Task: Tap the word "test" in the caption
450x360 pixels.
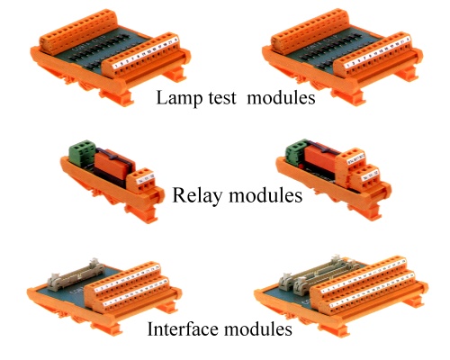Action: tap(222, 98)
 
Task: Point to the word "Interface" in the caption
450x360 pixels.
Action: tap(183, 328)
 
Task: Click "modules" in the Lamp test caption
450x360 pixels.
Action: tap(281, 97)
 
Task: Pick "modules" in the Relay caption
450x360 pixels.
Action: tap(265, 195)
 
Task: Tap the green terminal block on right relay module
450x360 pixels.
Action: tap(297, 152)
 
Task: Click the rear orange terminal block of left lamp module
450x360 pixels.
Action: tap(78, 31)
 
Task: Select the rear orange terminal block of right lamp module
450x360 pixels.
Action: tap(310, 31)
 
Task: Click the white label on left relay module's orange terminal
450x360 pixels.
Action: tap(146, 177)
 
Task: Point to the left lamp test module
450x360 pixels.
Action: tap(111, 57)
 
